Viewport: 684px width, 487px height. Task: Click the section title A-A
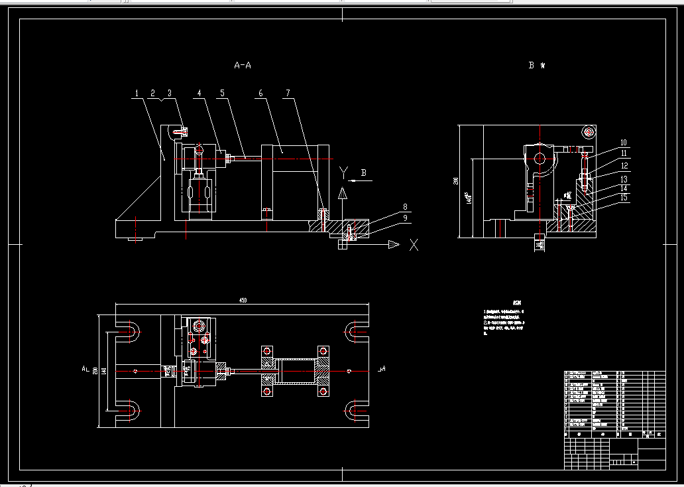tap(243, 65)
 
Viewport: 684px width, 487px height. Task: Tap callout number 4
tap(199, 94)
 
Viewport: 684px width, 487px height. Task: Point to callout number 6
tap(260, 94)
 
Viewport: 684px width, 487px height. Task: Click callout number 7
tap(288, 94)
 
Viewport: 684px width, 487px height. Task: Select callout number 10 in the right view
tap(624, 143)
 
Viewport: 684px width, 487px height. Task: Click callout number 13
tap(624, 179)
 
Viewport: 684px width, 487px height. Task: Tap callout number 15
tap(624, 197)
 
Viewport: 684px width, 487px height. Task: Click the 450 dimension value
tap(243, 301)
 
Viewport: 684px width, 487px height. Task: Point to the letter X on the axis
tap(414, 245)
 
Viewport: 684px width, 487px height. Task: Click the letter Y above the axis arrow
tap(343, 173)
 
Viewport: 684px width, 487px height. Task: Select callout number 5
tap(223, 94)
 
